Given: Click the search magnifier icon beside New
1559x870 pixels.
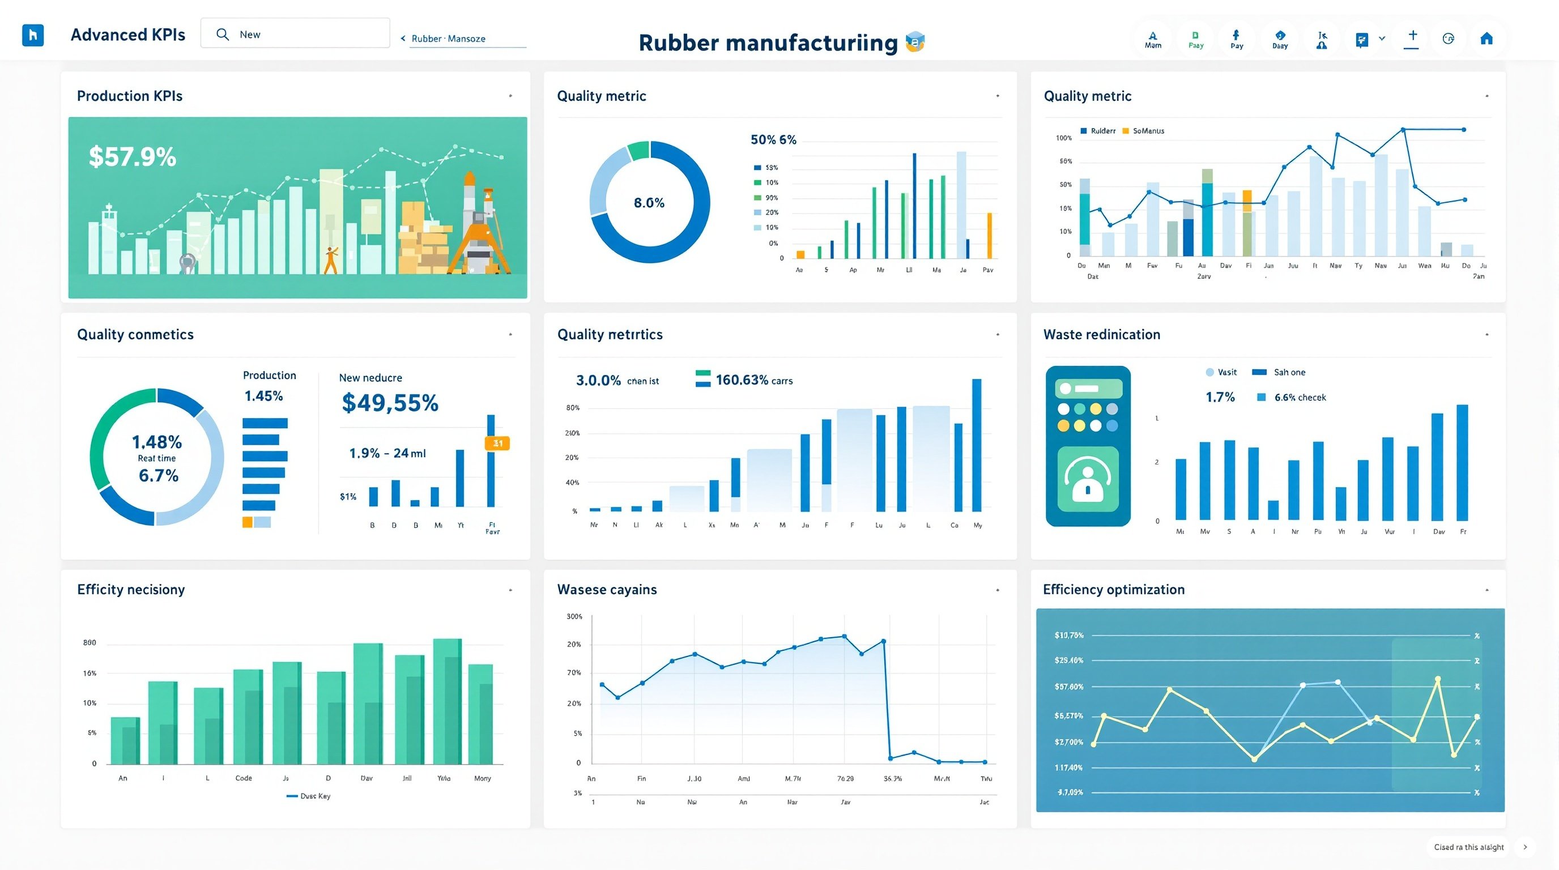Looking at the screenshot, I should (223, 35).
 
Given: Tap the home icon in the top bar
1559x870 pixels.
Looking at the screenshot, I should (1486, 39).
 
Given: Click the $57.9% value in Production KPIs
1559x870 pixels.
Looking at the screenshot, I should (133, 157).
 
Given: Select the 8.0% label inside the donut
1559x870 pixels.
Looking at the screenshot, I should (649, 203).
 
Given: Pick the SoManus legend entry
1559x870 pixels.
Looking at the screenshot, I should (1143, 131).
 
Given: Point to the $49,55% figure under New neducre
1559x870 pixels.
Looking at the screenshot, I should (390, 403).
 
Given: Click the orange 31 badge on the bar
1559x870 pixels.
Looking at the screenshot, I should (497, 443).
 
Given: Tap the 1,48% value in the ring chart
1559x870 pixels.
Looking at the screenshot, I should (157, 442).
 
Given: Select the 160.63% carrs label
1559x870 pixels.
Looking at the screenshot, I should (753, 380).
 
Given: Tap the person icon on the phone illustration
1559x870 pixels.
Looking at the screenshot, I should (1088, 479).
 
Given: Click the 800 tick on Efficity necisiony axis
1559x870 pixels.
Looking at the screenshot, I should (90, 642).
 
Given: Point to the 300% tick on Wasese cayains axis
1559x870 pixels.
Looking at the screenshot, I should (574, 616).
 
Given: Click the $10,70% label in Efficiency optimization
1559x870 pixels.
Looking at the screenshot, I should (1069, 636).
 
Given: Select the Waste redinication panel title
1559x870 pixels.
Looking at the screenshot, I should (1101, 335).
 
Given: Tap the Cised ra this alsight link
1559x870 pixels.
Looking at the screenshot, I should (1469, 847).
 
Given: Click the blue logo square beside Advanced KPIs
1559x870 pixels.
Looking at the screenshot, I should (33, 35).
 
